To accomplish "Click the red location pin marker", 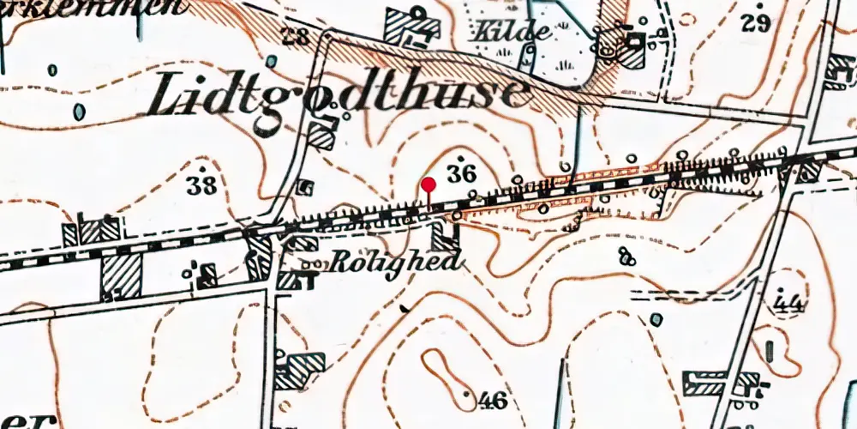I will click(428, 184).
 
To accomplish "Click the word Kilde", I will click(514, 33).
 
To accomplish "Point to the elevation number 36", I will click(462, 172).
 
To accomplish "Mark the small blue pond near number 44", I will click(656, 320).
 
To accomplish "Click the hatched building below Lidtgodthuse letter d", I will click(320, 136).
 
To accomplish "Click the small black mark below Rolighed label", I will click(405, 307).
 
